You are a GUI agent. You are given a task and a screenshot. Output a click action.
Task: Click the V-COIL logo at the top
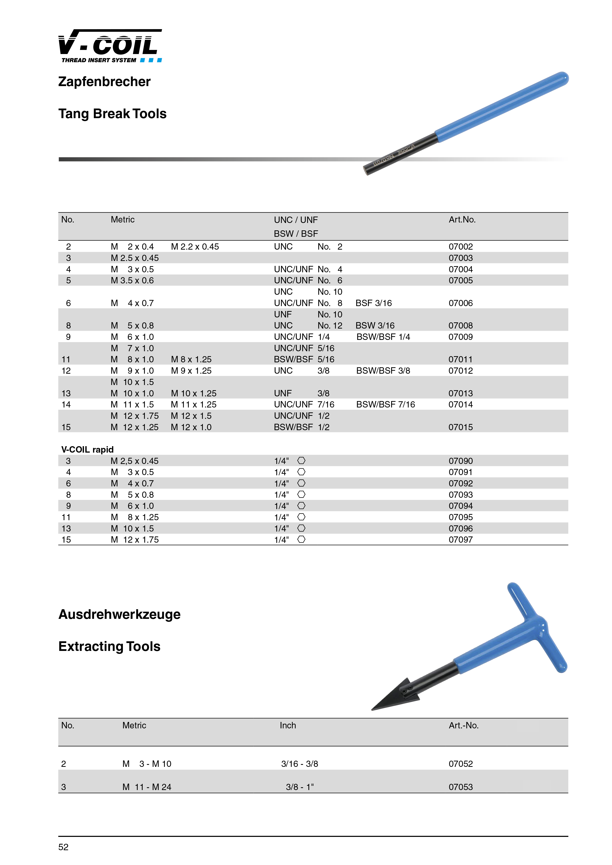tap(110, 46)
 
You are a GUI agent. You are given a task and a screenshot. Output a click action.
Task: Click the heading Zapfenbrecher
tap(104, 82)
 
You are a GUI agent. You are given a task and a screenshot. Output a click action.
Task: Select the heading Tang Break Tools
tap(112, 114)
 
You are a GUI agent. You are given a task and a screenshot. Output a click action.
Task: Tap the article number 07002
tap(460, 247)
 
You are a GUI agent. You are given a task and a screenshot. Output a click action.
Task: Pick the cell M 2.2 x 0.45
tap(195, 247)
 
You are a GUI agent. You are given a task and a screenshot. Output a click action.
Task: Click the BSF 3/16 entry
tap(373, 303)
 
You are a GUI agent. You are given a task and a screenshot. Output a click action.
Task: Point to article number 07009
tap(460, 337)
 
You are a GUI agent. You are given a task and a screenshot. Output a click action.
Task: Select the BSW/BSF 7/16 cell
tap(385, 405)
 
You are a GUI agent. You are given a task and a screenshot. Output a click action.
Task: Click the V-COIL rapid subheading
tap(87, 449)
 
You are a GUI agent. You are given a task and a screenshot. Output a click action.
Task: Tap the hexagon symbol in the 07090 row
tap(301, 461)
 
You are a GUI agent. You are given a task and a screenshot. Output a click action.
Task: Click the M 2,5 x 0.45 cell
tap(134, 461)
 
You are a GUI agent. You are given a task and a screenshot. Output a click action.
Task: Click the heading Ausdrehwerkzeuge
tap(119, 614)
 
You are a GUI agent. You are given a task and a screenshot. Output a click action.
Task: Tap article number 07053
tap(460, 787)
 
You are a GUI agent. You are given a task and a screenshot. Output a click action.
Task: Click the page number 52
tap(63, 847)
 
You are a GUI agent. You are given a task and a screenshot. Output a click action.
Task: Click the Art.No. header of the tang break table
tap(462, 220)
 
